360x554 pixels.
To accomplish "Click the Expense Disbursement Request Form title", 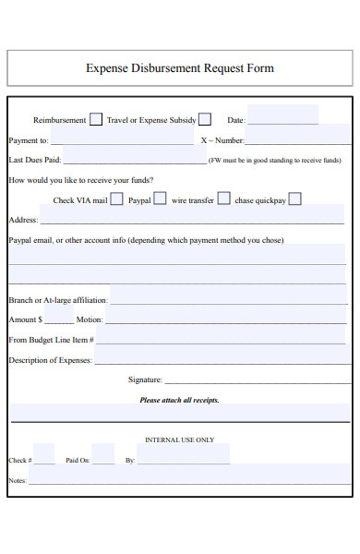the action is pyautogui.click(x=179, y=68).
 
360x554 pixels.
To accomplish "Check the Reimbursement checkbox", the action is pyautogui.click(x=95, y=119).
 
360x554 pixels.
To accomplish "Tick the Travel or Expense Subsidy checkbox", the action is pyautogui.click(x=205, y=119).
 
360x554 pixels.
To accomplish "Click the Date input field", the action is pyautogui.click(x=282, y=116).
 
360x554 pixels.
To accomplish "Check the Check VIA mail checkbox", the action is pyautogui.click(x=116, y=199).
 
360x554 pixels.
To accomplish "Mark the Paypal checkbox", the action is pyautogui.click(x=160, y=199).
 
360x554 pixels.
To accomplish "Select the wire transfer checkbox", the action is pyautogui.click(x=222, y=199).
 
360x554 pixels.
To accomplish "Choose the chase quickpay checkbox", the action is pyautogui.click(x=294, y=199).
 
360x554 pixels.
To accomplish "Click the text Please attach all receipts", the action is pyautogui.click(x=179, y=401).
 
